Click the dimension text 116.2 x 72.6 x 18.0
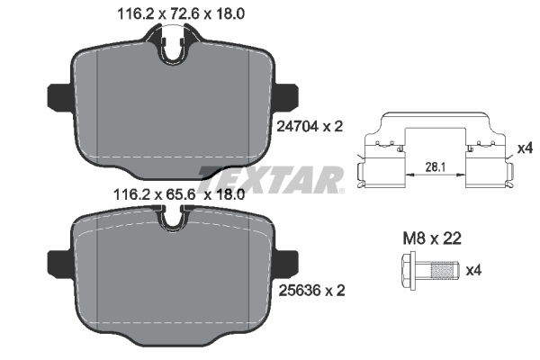tap(181, 14)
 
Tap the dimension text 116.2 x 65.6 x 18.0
tap(179, 195)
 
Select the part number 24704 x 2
tap(310, 127)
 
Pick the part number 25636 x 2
tap(311, 291)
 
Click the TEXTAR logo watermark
tap(270, 179)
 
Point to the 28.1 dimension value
tap(436, 167)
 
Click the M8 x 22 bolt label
tap(432, 238)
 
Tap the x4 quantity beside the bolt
tap(473, 270)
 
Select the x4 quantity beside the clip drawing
tap(526, 148)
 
